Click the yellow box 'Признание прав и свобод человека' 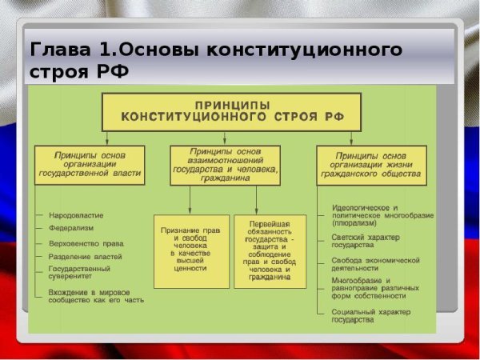189,250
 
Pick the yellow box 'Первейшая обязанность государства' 270,250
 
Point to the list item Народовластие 75,215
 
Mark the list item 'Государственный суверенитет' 81,274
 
